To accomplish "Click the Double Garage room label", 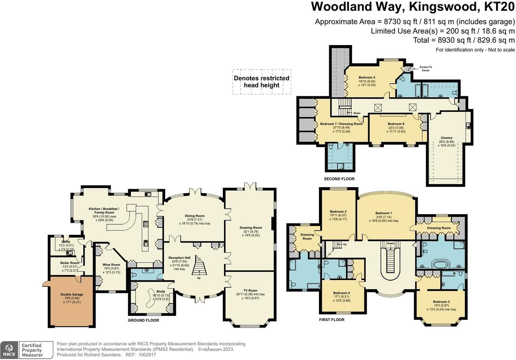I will click(72, 294).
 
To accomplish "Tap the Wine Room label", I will click(111, 265).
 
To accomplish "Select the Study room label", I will click(161, 291).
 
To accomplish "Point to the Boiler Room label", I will click(70, 263).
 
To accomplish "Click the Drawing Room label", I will click(251, 228).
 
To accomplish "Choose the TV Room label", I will click(250, 290).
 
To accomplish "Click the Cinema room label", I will click(447, 138).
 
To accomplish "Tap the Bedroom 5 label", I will click(367, 77).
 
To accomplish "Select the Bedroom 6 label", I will click(396, 124).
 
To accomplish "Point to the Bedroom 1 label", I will click(384, 213).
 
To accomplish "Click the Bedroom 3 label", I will click(441, 302).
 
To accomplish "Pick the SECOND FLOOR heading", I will click(339, 179).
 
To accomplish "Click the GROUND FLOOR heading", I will click(143, 320).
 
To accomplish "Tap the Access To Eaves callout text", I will click(425, 69).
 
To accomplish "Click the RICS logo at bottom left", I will click(9, 350).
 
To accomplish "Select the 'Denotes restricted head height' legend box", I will click(261, 82).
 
